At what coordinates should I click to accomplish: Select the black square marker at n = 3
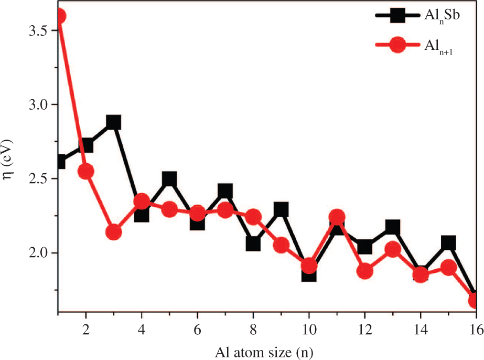click(x=113, y=123)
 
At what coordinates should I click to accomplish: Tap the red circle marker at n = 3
click(x=113, y=232)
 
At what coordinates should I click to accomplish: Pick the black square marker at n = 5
click(x=169, y=179)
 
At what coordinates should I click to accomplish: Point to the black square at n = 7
click(x=225, y=191)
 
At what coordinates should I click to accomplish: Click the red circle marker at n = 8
click(x=253, y=217)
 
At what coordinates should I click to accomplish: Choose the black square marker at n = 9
click(x=281, y=210)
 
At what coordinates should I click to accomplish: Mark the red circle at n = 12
click(x=364, y=271)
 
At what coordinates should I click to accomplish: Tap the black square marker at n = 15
click(x=448, y=242)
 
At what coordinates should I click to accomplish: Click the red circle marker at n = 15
click(x=448, y=267)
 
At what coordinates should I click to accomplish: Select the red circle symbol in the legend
click(x=398, y=45)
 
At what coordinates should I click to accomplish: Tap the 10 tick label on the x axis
click(x=308, y=329)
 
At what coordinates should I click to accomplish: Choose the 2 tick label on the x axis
click(x=86, y=329)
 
